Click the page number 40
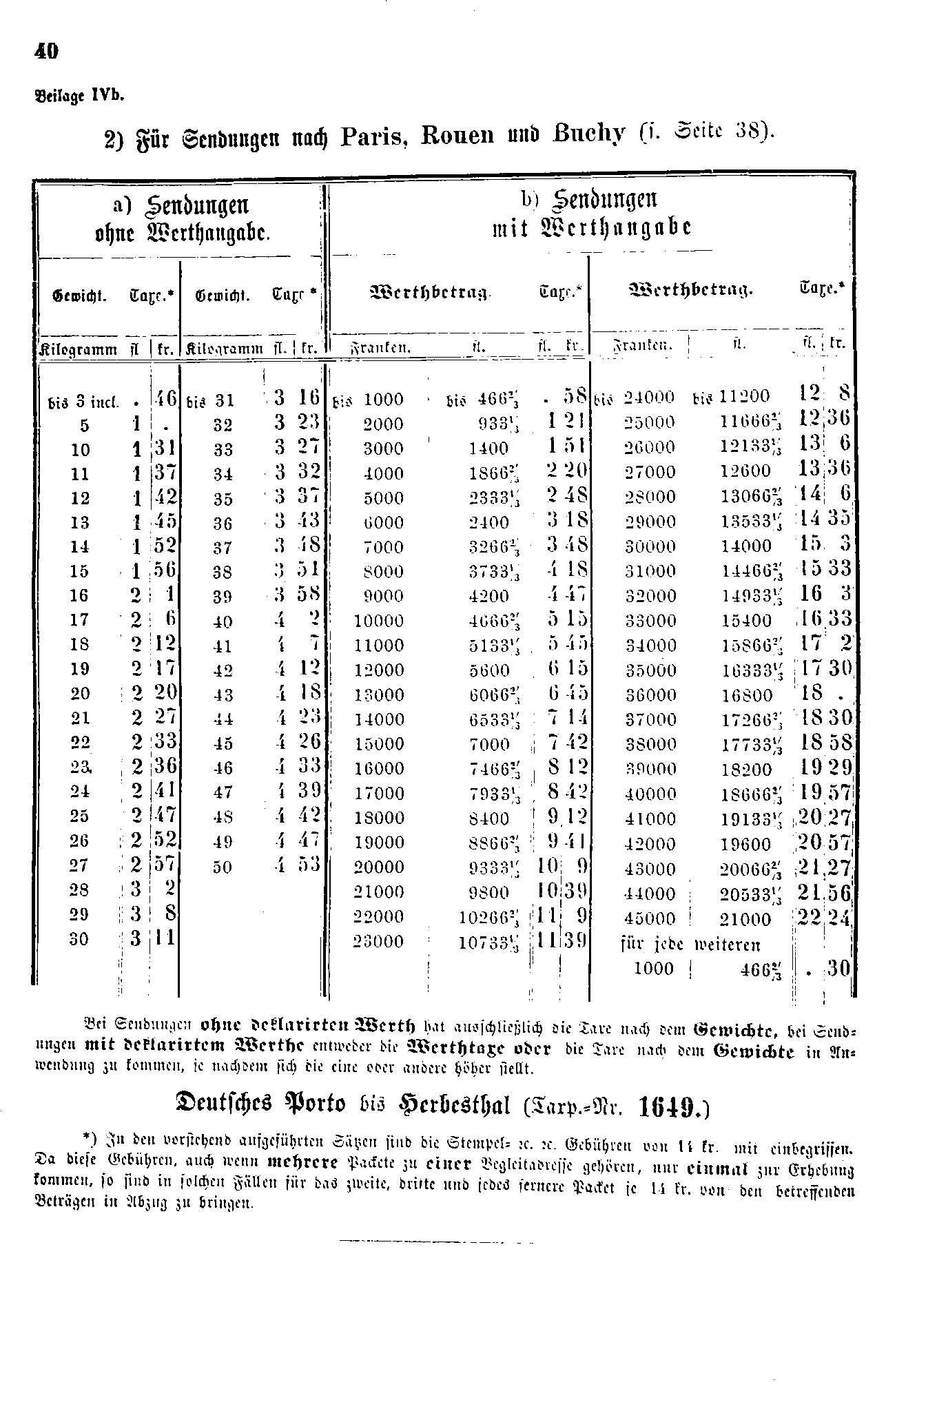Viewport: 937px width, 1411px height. (46, 52)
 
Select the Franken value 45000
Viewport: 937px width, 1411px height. (649, 919)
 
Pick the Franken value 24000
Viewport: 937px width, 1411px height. (649, 398)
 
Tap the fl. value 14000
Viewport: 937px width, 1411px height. (746, 546)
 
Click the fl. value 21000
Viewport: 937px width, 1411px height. (746, 919)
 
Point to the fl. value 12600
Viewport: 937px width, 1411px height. (746, 472)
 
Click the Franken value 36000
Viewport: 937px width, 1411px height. (649, 695)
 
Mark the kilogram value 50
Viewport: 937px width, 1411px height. (223, 867)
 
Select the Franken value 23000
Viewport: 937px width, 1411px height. (378, 942)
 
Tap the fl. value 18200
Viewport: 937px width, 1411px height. (746, 770)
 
